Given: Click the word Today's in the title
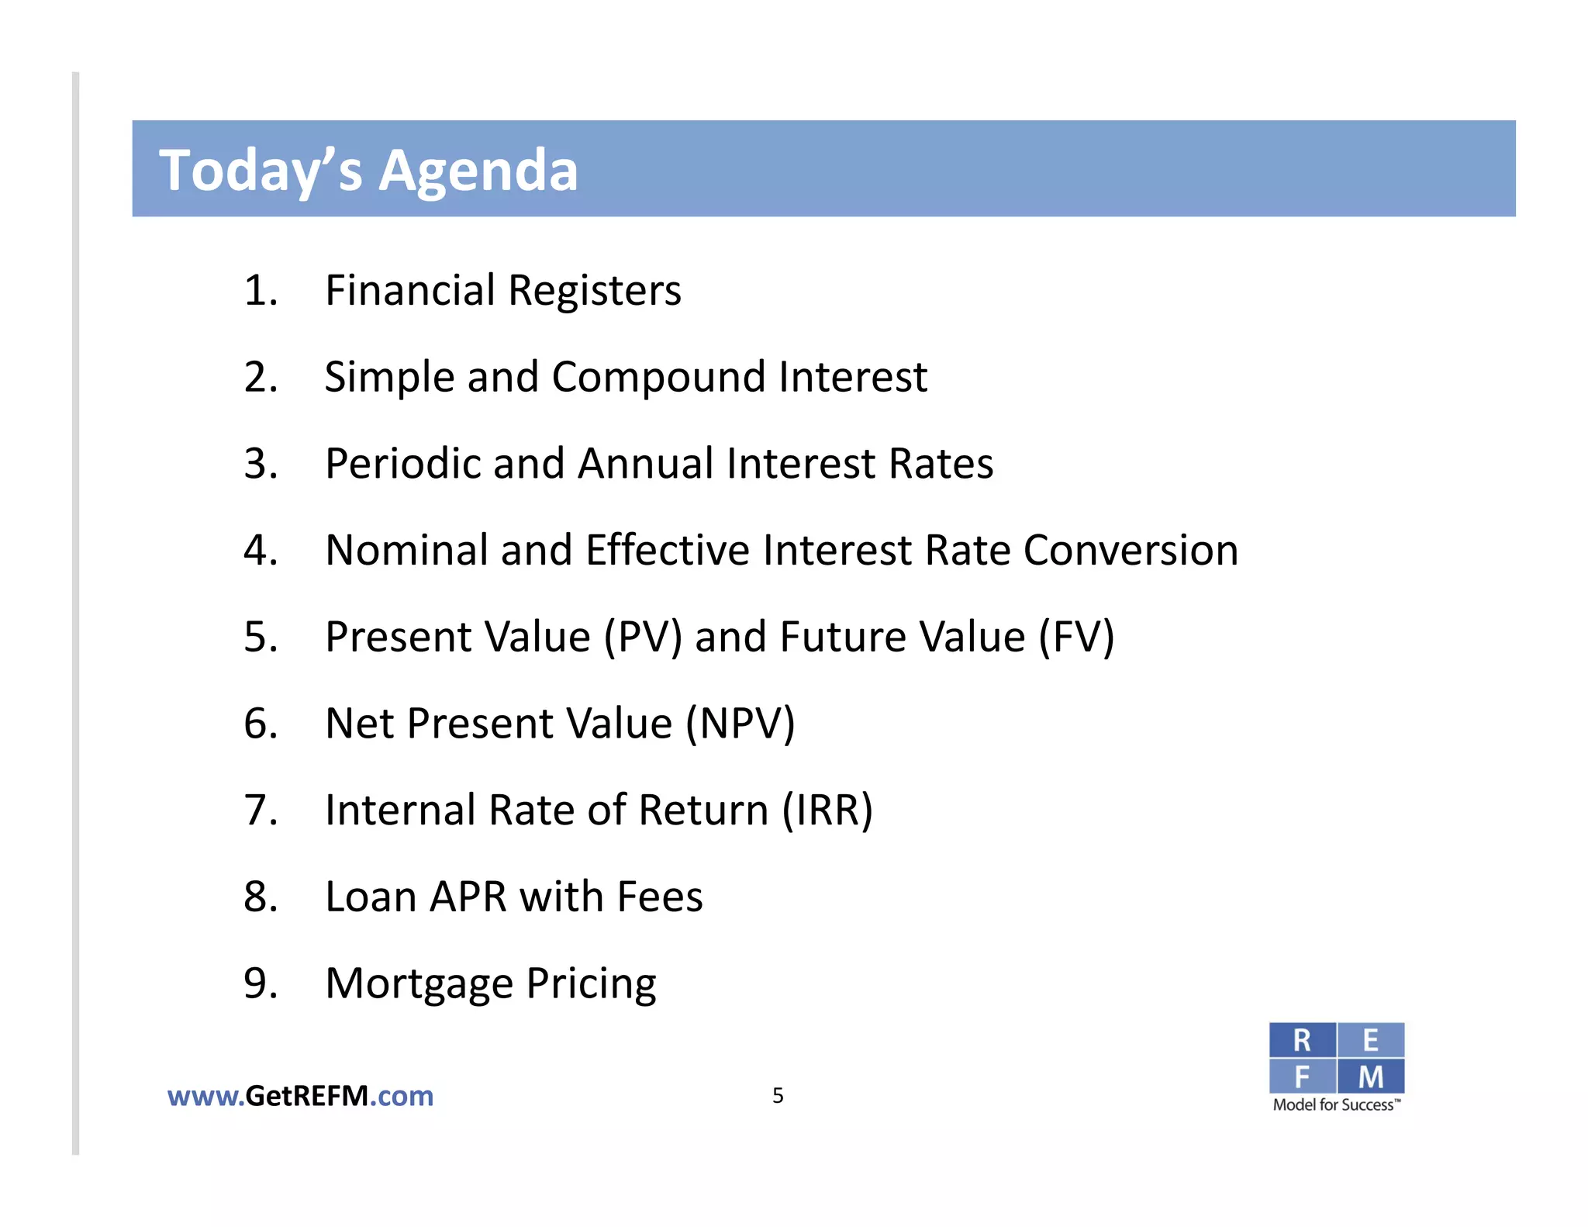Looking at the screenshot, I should (x=261, y=170).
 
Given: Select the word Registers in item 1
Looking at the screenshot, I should (x=594, y=291).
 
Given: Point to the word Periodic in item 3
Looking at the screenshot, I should (x=402, y=464).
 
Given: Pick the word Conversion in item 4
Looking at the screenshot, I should (x=1131, y=551).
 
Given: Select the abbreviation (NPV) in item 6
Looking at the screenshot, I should (x=740, y=724).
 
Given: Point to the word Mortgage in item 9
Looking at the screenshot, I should (x=419, y=984).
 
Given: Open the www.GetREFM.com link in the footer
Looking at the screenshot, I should (x=300, y=1096).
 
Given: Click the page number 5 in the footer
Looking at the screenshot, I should (x=778, y=1096).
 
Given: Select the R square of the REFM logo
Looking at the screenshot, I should (x=1302, y=1040).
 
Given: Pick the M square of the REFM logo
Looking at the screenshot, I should (x=1371, y=1077).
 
